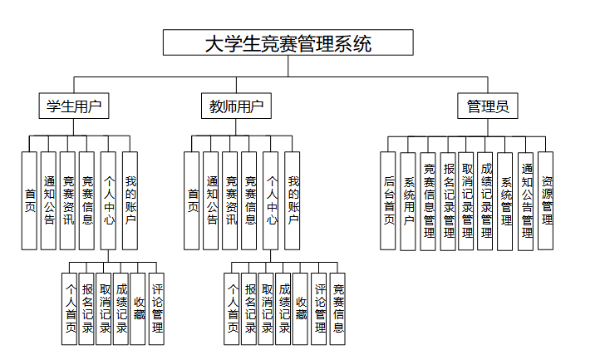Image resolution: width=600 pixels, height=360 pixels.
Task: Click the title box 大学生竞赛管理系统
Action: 288,43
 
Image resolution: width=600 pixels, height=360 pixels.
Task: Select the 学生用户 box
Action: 75,106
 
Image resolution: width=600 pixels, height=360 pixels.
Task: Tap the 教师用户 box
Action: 237,106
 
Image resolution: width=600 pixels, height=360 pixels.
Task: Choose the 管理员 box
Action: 488,106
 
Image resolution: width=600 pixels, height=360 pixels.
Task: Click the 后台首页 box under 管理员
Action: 388,200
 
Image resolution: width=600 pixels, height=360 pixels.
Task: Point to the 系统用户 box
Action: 408,200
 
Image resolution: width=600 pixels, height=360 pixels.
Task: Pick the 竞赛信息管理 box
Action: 428,200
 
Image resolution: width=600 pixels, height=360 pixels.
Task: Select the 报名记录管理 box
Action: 448,200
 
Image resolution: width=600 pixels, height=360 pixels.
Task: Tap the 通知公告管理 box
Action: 526,200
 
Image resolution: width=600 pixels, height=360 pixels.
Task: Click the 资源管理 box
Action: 546,200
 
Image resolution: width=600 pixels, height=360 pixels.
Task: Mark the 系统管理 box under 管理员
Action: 506,200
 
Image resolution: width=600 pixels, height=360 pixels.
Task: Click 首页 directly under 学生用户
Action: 29,200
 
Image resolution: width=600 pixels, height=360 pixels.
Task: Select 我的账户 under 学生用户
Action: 130,200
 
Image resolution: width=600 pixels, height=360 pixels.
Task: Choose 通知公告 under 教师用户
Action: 211,200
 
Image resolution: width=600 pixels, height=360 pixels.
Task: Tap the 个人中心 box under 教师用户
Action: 271,200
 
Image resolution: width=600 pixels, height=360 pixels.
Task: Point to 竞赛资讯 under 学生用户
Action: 68,200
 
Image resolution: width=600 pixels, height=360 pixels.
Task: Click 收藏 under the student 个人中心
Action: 138,308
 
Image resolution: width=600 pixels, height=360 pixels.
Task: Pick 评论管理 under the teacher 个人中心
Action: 319,308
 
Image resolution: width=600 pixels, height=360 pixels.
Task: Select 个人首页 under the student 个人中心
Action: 70,308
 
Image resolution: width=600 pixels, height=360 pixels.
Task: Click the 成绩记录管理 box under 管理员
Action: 486,200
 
